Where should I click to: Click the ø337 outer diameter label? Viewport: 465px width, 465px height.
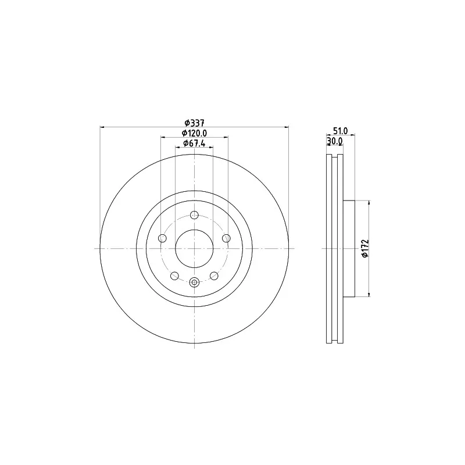pos(195,123)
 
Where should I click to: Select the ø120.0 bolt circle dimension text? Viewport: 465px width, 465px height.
pos(194,133)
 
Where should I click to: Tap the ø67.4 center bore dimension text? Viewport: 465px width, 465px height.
pos(194,143)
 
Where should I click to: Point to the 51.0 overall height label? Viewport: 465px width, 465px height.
pos(340,130)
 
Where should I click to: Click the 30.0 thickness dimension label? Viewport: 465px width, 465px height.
pos(335,141)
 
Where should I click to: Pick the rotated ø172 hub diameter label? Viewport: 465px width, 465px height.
pos(365,248)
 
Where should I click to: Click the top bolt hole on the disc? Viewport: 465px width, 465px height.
pos(194,215)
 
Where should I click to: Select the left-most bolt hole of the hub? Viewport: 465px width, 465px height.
pos(163,238)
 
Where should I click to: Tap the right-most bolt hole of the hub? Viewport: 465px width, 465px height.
pos(226,238)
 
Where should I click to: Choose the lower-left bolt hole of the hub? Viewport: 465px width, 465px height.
pos(175,276)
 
